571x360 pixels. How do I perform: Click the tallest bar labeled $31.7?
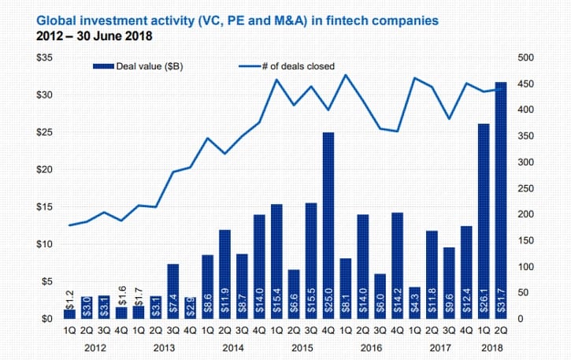(501, 200)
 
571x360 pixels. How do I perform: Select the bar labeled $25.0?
(328, 225)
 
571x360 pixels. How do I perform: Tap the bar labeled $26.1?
(484, 221)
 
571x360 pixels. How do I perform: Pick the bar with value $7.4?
(173, 291)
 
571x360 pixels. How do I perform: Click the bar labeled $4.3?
(414, 303)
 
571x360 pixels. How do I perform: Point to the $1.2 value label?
(70, 299)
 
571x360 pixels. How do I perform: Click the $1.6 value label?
(122, 295)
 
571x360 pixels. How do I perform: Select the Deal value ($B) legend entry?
(138, 66)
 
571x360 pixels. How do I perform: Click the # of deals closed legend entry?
(287, 66)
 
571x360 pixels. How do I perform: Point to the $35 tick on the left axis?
(44, 58)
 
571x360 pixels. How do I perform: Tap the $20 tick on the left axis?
(44, 169)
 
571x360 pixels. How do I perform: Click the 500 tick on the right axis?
(525, 58)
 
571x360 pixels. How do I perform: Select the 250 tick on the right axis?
(525, 188)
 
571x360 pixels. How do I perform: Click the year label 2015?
(302, 348)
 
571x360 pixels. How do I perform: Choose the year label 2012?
(95, 348)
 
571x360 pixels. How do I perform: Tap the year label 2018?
(492, 348)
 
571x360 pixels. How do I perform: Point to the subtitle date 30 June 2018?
(114, 36)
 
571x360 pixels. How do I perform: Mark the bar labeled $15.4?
(276, 262)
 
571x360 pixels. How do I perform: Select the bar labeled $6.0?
(380, 297)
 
